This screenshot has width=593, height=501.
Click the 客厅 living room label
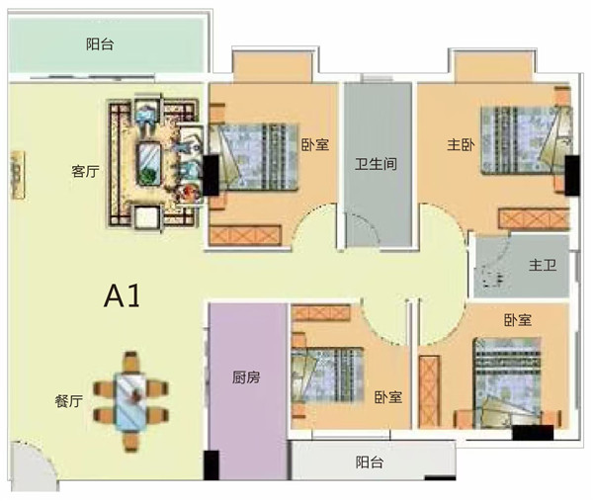coord(85,172)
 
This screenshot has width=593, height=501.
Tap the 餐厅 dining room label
coord(68,401)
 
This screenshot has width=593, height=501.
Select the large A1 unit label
coord(122,296)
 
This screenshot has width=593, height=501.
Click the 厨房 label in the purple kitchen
coord(246,377)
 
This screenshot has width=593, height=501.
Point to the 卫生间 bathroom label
coord(376,164)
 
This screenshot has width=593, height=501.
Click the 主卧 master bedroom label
coord(461,145)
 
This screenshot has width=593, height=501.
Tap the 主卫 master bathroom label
coord(543,265)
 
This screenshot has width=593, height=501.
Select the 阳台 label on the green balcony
coord(100,44)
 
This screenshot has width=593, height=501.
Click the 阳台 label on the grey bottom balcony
coord(370,462)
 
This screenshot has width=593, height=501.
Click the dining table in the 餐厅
coord(130,402)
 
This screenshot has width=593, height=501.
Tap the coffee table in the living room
coord(148,164)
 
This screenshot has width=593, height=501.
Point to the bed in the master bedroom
coord(526,140)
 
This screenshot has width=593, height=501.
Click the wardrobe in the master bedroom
coord(534,218)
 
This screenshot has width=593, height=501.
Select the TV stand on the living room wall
coord(18,175)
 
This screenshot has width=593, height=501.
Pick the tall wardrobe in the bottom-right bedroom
coord(430,391)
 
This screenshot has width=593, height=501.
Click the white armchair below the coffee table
coord(147,217)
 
